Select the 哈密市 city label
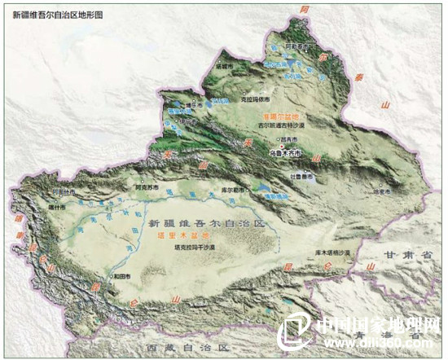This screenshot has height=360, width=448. pyautogui.click(x=382, y=192)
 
